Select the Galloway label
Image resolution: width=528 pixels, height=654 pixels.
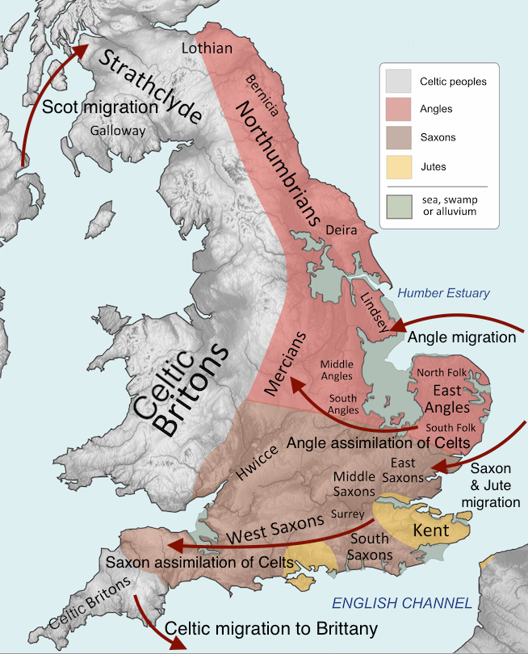[x=118, y=130]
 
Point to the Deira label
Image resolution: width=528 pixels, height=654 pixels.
[x=340, y=231]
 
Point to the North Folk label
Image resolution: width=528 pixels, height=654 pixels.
[x=441, y=372]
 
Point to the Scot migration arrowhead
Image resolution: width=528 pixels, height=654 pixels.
[x=85, y=48]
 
